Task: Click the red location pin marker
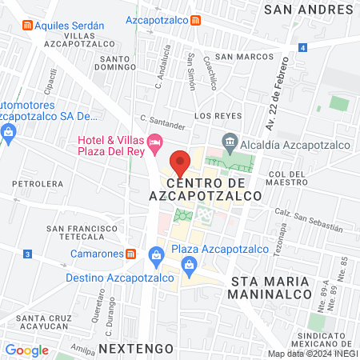[x=180, y=163]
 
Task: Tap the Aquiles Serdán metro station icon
[x=28, y=25]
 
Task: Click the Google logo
[x=26, y=350]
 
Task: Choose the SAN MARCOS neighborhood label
[x=235, y=57]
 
